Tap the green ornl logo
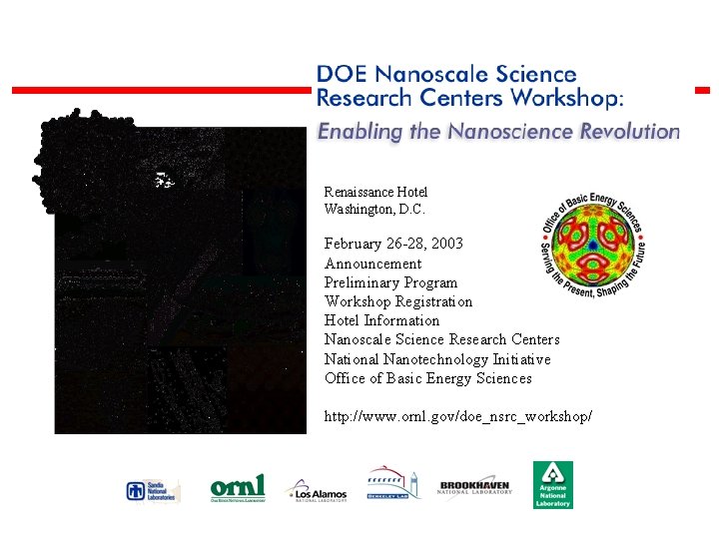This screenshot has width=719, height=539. coord(238,488)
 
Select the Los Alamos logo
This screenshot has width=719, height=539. coord(318,490)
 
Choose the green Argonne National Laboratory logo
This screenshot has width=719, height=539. coord(552,484)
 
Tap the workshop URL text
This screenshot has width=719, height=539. coord(457,414)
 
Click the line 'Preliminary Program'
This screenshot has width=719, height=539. coord(390,282)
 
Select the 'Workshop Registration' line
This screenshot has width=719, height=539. coord(398,301)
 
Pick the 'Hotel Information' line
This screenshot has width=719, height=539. coord(381,320)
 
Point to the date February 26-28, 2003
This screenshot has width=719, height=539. coord(393,244)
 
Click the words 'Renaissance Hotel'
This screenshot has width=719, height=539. coord(375,192)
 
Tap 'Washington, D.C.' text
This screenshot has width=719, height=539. coord(374,210)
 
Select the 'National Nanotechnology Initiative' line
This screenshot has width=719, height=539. coord(437,359)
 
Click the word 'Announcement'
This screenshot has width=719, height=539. coord(372,264)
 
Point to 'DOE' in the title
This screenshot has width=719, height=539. coord(338,74)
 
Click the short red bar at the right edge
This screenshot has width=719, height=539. coord(702,90)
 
